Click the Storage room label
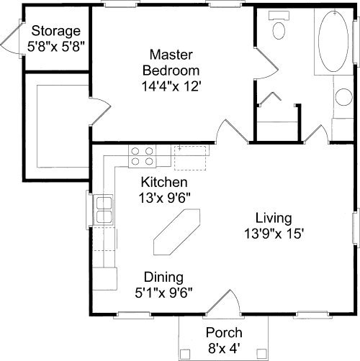click(56, 32)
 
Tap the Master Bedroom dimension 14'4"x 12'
click(171, 86)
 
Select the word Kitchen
click(164, 182)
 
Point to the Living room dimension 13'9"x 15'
click(274, 234)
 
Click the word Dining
click(163, 277)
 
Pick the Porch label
click(224, 333)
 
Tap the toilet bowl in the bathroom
click(279, 30)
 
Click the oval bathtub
click(333, 41)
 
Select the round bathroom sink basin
click(344, 97)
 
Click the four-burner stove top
click(143, 156)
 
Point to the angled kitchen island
click(176, 232)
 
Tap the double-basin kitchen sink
click(104, 210)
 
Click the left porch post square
click(185, 354)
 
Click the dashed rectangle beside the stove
click(190, 158)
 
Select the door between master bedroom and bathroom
click(267, 63)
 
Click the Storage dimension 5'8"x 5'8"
click(56, 47)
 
